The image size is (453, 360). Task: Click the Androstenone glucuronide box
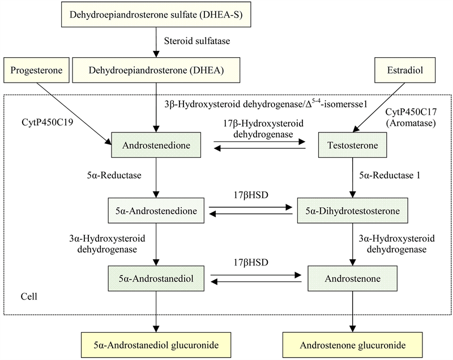click(353, 344)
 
